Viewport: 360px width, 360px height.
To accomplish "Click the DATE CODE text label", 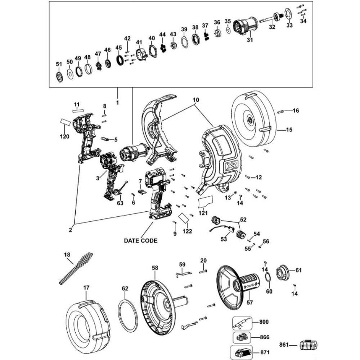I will (x=140, y=240).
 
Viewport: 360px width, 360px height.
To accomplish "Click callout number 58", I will (x=155, y=267).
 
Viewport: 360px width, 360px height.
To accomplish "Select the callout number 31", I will (x=250, y=40).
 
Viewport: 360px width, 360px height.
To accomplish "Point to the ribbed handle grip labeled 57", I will (x=249, y=282).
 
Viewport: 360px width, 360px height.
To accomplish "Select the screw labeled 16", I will (x=281, y=111).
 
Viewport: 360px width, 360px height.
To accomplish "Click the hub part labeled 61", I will (x=282, y=272).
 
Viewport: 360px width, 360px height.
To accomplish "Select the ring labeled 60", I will (x=268, y=277).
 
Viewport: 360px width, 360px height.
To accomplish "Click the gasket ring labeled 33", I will (x=288, y=13).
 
